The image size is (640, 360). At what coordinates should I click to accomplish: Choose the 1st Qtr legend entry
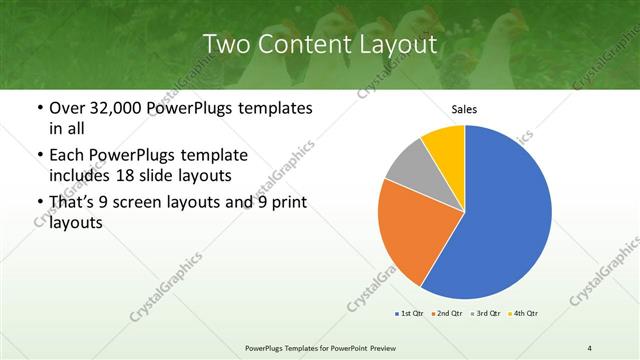pyautogui.click(x=410, y=314)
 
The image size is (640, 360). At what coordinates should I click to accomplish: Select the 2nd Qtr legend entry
pyautogui.click(x=446, y=314)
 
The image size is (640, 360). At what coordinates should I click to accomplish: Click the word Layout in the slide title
pyautogui.click(x=398, y=44)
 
